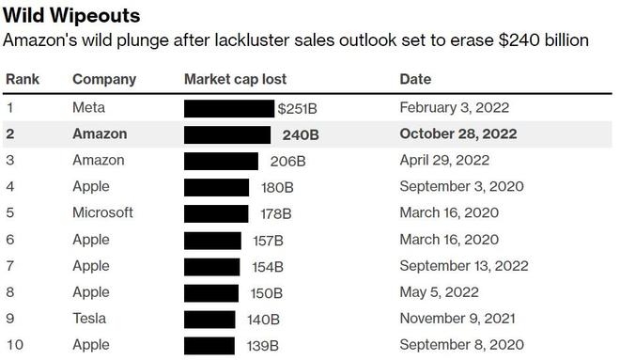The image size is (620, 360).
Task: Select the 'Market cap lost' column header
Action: coord(235,79)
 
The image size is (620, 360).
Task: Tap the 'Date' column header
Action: coord(416,79)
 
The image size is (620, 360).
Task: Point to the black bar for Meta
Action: coord(229,108)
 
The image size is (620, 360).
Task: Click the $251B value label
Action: coord(298,108)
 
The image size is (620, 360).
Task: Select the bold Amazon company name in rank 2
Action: coord(100,134)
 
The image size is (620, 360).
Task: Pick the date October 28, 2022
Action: coord(458,134)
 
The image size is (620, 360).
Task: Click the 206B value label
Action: coord(287,161)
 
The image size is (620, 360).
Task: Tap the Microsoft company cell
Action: coord(102,213)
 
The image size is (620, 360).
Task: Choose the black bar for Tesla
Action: coord(209,319)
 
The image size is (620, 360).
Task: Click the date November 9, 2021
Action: coord(457,319)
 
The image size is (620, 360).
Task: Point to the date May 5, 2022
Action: coord(439,292)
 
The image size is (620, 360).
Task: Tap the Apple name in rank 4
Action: coord(91,187)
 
